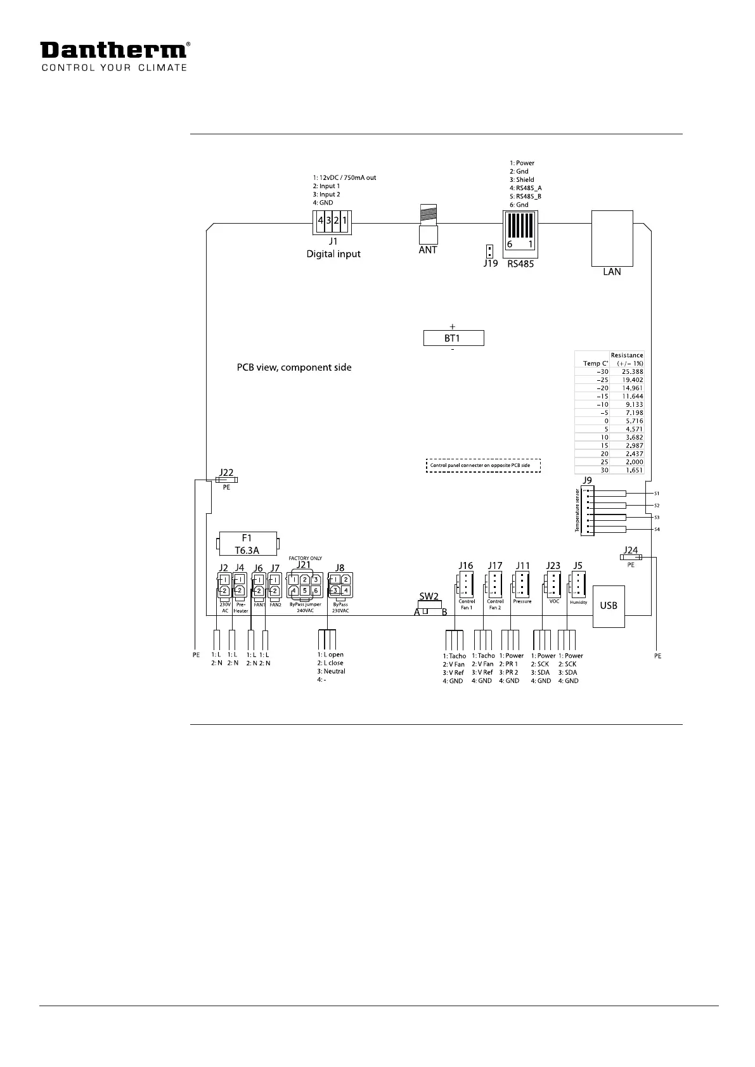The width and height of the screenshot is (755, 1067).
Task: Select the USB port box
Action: click(609, 606)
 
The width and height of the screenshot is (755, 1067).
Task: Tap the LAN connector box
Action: click(612, 238)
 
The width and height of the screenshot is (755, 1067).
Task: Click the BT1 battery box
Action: click(453, 338)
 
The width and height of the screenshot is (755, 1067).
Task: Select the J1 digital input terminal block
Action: click(333, 222)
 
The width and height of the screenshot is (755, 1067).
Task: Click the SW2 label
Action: click(429, 596)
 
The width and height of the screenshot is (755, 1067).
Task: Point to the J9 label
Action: click(587, 481)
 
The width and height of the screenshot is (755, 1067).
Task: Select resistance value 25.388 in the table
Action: click(632, 372)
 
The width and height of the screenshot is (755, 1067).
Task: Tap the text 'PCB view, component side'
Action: click(294, 367)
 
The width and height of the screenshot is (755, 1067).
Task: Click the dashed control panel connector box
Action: click(483, 466)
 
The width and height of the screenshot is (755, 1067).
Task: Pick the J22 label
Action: click(226, 473)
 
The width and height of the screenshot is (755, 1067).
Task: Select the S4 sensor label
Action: click(657, 529)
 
